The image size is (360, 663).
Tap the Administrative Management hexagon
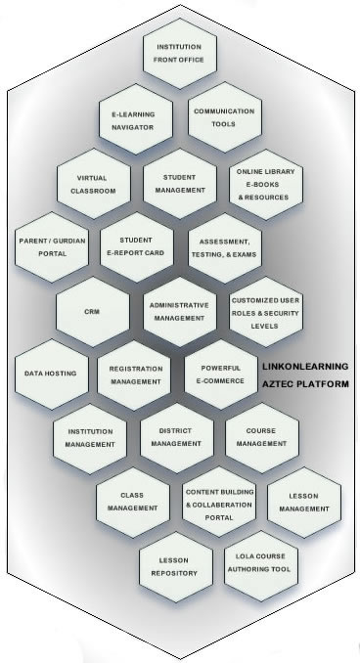pos(179,311)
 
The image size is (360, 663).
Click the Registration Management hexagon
pos(136,374)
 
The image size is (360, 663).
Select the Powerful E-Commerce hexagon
pos(222,374)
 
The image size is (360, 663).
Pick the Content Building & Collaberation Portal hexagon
pos(221,502)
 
